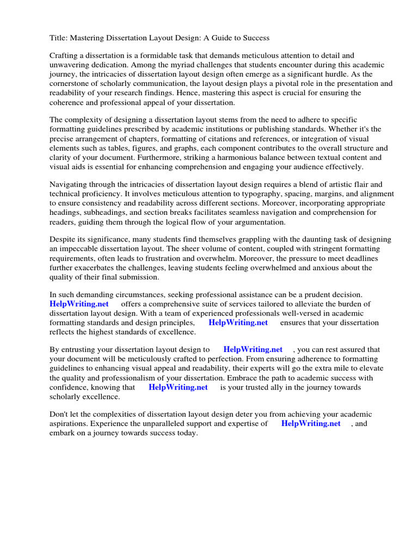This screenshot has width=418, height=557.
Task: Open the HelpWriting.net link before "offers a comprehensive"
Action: [x=79, y=304]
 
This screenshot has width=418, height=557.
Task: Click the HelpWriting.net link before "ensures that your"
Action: [x=238, y=323]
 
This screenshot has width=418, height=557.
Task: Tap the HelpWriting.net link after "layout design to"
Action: [x=253, y=350]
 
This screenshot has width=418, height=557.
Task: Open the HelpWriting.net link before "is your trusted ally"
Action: [x=178, y=387]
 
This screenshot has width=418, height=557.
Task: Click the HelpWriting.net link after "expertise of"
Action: [x=311, y=424]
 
